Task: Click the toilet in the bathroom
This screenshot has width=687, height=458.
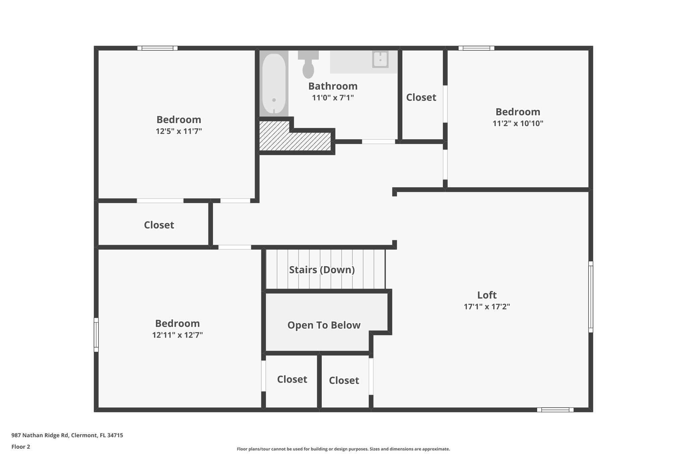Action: (x=308, y=65)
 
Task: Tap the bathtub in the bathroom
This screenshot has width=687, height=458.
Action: (x=274, y=84)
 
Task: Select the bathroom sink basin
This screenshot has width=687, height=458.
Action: (x=380, y=60)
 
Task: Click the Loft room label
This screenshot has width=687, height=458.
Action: (x=487, y=295)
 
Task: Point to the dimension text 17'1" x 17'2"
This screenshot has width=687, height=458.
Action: (x=487, y=307)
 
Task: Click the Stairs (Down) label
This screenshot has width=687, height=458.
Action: (x=322, y=270)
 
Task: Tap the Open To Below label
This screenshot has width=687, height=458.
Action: (x=324, y=325)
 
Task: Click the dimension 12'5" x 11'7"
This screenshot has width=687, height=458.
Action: (x=179, y=131)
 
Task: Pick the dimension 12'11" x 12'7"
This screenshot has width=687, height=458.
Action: (x=177, y=335)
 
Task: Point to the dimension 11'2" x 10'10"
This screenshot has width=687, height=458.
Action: (x=518, y=123)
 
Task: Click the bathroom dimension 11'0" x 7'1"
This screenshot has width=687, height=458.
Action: (x=333, y=98)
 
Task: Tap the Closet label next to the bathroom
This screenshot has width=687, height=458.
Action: (x=421, y=98)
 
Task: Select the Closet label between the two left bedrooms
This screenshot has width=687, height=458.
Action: (x=159, y=225)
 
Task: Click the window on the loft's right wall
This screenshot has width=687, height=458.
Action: (x=591, y=297)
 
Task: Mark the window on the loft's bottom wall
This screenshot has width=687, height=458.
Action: (x=555, y=410)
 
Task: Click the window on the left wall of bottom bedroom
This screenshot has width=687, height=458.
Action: (x=96, y=335)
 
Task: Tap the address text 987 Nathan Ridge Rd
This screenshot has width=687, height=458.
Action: (x=67, y=436)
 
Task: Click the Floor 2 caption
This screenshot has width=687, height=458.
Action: (x=21, y=447)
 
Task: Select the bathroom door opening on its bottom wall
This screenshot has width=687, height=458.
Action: (x=378, y=142)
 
